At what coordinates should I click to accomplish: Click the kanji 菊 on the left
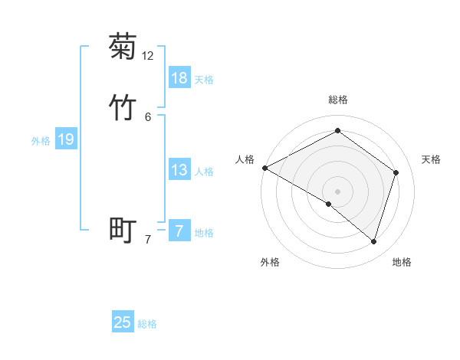(x=123, y=47)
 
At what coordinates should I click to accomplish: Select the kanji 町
(x=123, y=230)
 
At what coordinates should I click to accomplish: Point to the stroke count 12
(x=148, y=56)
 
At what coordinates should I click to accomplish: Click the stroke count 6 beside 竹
(x=148, y=117)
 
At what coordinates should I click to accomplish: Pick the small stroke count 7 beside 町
(x=148, y=240)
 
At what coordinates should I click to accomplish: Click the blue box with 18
(x=179, y=78)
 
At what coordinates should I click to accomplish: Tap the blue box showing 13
(x=179, y=170)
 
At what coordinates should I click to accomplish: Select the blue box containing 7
(x=179, y=231)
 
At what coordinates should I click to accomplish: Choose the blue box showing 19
(x=66, y=139)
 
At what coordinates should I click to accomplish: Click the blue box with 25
(x=123, y=322)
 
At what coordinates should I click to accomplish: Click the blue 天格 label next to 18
(x=204, y=80)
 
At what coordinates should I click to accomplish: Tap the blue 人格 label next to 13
(x=204, y=172)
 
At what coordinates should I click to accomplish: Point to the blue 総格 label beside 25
(x=147, y=324)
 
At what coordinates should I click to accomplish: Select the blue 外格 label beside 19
(x=41, y=141)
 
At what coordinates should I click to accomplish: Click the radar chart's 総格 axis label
(x=338, y=100)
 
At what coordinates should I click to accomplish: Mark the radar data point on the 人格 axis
(x=264, y=168)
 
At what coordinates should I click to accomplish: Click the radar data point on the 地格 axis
(x=373, y=241)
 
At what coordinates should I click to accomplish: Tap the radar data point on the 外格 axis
(x=329, y=204)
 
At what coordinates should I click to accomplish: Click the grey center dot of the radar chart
(x=338, y=191)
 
